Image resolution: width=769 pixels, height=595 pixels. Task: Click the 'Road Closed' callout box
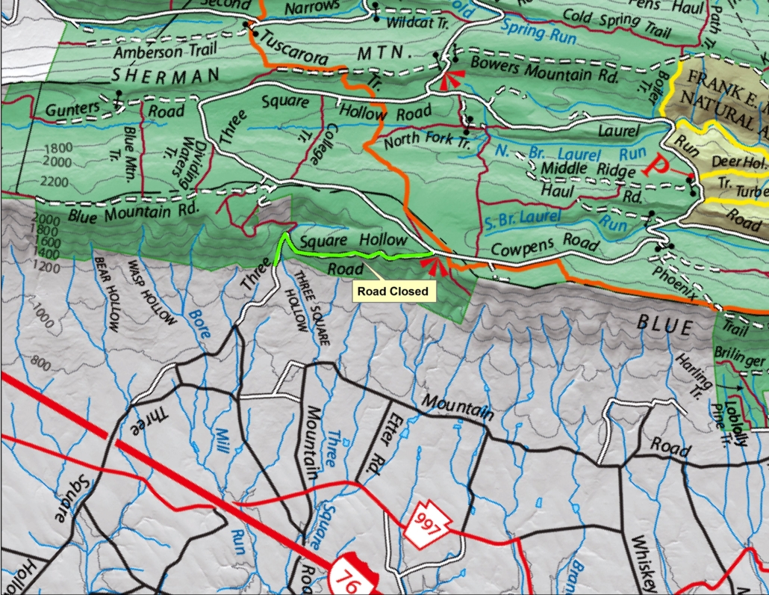point(392,291)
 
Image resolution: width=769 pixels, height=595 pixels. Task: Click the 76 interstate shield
point(352,575)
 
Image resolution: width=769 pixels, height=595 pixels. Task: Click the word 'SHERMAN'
point(166,75)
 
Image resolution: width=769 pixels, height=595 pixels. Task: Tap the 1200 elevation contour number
point(47,267)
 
